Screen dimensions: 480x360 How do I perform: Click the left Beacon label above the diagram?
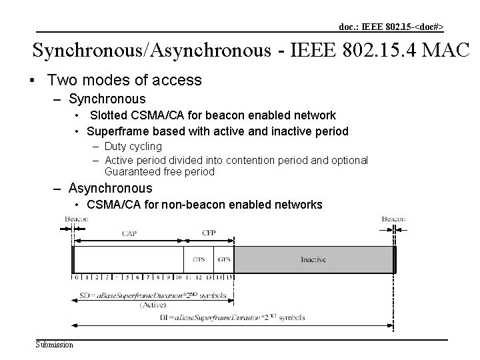[76, 219]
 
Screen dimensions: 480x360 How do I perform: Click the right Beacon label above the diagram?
[393, 219]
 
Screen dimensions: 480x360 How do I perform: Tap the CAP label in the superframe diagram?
[130, 233]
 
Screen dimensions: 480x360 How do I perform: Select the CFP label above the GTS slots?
[208, 233]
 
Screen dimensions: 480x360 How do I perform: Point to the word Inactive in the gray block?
[313, 259]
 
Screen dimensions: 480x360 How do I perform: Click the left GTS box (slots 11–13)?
[198, 259]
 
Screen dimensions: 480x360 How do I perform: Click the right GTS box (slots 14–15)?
[223, 259]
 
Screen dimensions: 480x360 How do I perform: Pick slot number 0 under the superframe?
[77, 277]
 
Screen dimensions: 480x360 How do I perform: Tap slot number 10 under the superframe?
[179, 277]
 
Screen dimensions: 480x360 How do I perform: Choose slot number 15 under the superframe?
[229, 277]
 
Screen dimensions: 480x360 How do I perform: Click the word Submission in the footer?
[55, 344]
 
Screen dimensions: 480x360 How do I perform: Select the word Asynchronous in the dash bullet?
[111, 189]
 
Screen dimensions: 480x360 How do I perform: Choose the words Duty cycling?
[133, 146]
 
